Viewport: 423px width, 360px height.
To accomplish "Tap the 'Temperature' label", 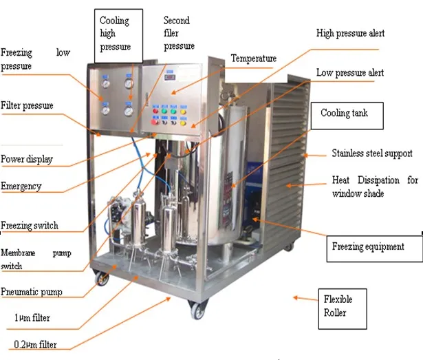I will click(x=253, y=59).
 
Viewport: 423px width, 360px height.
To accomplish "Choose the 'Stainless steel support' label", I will click(x=372, y=153).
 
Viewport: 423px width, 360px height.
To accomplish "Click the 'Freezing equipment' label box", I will click(x=368, y=246).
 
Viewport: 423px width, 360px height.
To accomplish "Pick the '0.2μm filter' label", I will click(x=35, y=344).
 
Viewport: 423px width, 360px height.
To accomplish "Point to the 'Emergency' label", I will click(x=21, y=186).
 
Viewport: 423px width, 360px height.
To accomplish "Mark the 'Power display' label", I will click(x=27, y=160).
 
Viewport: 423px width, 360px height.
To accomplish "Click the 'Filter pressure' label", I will click(x=27, y=106).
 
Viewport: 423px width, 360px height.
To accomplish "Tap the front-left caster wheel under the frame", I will click(x=101, y=279).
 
